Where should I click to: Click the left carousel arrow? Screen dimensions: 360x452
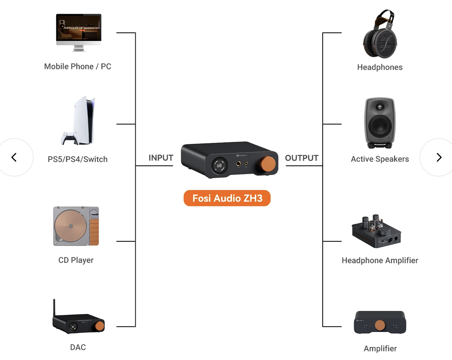pyautogui.click(x=14, y=157)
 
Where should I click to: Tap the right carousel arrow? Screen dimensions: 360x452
pyautogui.click(x=439, y=157)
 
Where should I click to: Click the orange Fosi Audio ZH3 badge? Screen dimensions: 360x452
pyautogui.click(x=227, y=198)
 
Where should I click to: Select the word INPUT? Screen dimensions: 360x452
pyautogui.click(x=161, y=158)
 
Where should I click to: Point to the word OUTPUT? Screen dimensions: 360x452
pyautogui.click(x=302, y=158)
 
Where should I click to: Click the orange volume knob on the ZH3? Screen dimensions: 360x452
pyautogui.click(x=268, y=164)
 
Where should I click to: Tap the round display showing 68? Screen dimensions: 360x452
pyautogui.click(x=219, y=166)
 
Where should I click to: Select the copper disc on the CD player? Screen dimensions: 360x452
pyautogui.click(x=71, y=226)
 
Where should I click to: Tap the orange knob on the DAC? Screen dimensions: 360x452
pyautogui.click(x=100, y=325)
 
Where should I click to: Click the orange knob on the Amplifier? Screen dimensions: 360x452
pyautogui.click(x=380, y=325)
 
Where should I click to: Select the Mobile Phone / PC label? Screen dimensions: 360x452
pyautogui.click(x=78, y=67)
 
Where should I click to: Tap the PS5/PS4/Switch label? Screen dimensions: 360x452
pyautogui.click(x=78, y=159)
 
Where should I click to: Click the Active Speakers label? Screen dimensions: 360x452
pyautogui.click(x=380, y=159)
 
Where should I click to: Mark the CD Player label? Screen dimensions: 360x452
pyautogui.click(x=76, y=260)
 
